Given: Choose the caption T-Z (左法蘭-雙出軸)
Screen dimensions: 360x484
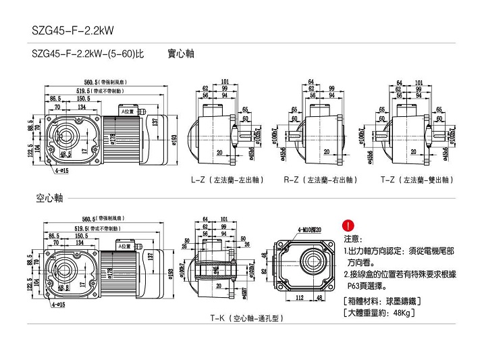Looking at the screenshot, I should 418,180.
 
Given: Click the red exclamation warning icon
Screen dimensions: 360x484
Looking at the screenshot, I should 348,226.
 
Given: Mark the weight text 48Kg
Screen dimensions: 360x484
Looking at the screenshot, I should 401,313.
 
